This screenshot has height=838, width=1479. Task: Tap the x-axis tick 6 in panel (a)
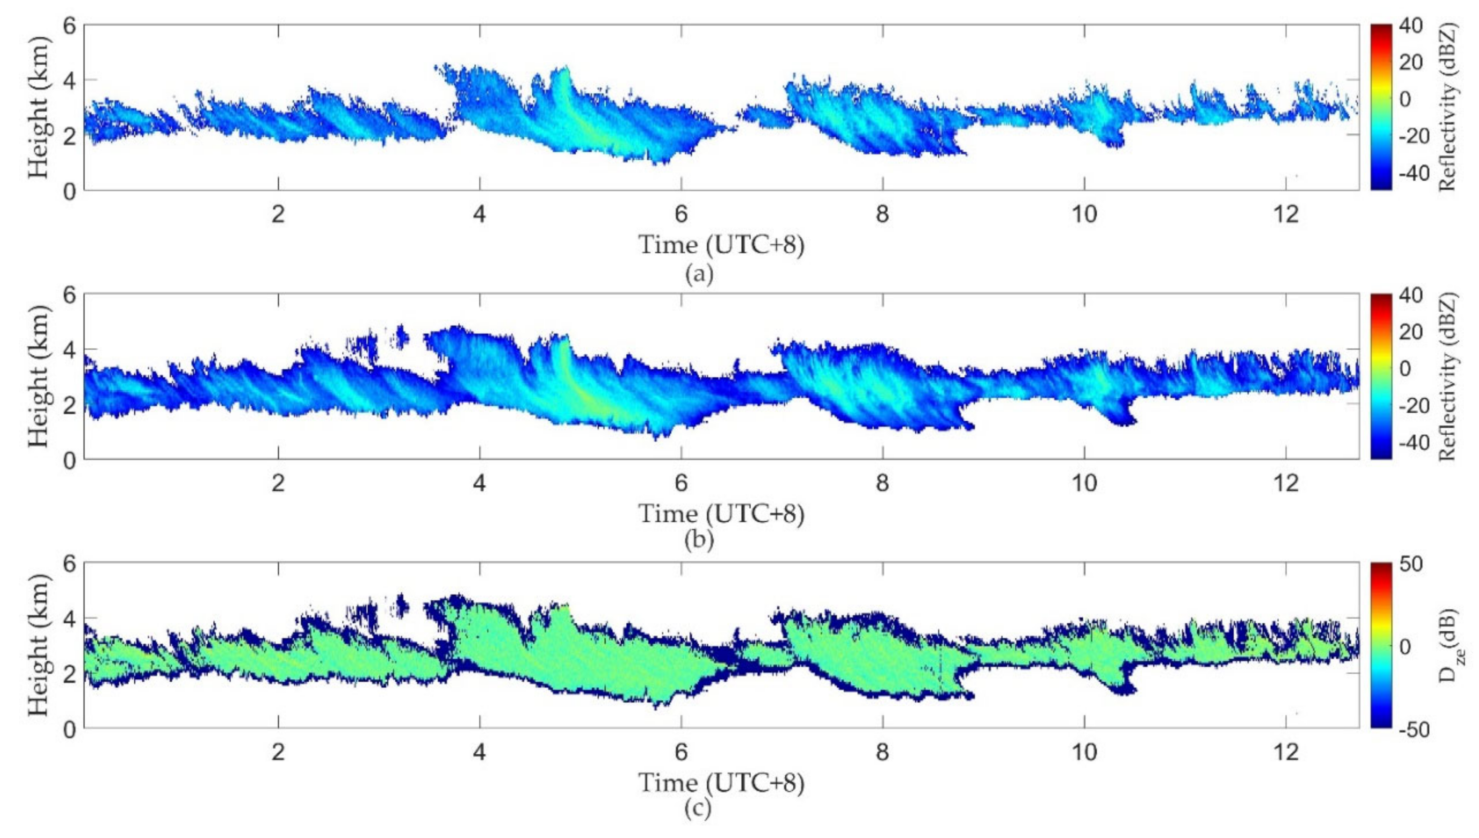[x=680, y=214]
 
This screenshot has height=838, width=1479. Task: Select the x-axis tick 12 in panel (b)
[x=1286, y=483]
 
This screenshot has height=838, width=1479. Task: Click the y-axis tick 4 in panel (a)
[x=70, y=81]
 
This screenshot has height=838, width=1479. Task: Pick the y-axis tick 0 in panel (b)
[x=70, y=460]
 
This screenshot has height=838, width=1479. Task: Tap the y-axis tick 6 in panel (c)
[x=70, y=563]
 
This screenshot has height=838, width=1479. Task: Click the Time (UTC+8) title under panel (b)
[x=722, y=513]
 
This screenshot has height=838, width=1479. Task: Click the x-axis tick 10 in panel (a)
[x=1084, y=214]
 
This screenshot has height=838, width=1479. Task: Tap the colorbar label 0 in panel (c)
[x=1405, y=646]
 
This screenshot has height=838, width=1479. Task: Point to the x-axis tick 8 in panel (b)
[x=882, y=483]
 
